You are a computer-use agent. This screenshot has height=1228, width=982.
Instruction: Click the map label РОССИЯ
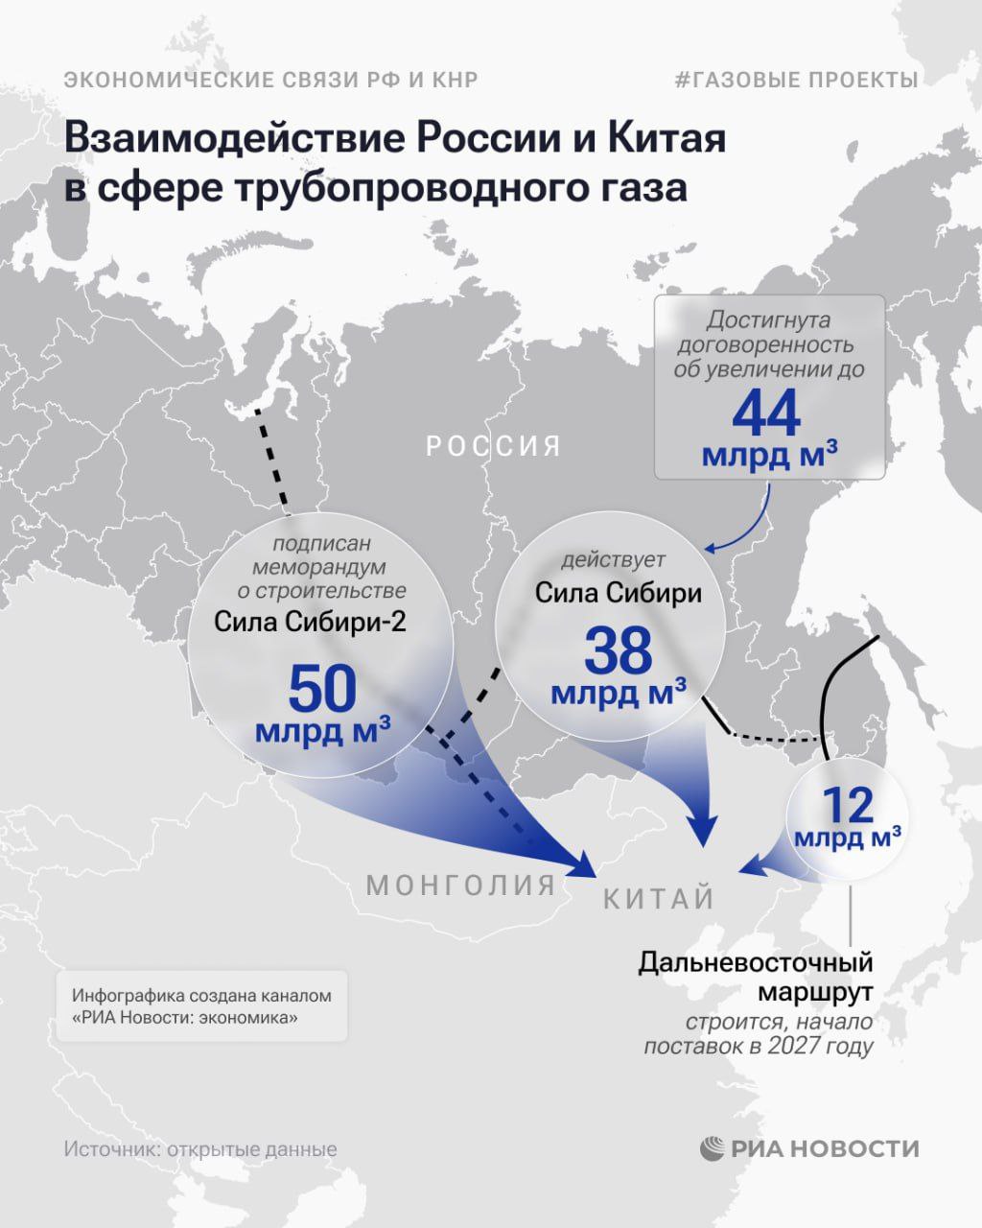(493, 446)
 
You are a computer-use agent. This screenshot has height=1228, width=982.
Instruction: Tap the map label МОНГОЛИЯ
(460, 885)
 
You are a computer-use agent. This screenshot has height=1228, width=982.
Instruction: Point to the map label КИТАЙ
(659, 899)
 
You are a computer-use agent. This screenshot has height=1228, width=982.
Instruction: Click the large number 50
(322, 689)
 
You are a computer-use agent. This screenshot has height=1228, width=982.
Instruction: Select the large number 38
(618, 651)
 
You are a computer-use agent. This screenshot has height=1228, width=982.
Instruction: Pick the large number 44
(766, 413)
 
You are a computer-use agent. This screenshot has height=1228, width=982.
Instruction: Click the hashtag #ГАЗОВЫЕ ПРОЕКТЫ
(796, 80)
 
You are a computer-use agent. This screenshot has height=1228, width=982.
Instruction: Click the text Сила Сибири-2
(310, 622)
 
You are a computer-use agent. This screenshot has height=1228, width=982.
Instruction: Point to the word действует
(614, 559)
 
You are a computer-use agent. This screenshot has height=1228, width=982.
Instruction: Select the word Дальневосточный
(756, 962)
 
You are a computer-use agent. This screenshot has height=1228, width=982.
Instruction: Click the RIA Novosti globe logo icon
(713, 1148)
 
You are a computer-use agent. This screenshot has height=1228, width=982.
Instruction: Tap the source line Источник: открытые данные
(200, 1149)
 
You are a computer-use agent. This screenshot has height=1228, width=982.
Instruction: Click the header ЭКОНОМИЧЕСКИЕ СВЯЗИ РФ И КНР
(270, 80)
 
